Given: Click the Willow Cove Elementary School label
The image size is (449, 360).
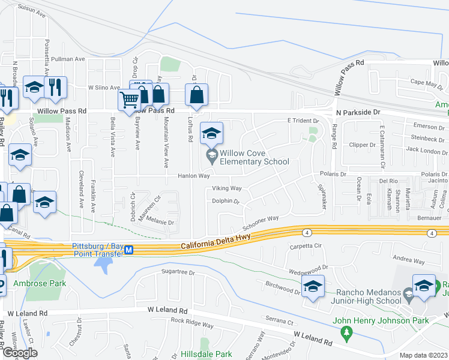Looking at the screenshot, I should coord(255,158).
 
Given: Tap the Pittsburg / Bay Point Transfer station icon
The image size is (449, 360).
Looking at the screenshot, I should coord(128,253).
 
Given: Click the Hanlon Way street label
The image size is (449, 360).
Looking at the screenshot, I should coord(193,176).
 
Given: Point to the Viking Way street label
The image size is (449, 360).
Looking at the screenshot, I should coord(226,188).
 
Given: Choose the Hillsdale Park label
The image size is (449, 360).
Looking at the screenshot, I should coord(206,355).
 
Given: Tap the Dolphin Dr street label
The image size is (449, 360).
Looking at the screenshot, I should coord(225,201).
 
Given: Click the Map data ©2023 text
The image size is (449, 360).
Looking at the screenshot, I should coord(423,355).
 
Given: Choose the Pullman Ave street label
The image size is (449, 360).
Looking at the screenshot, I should coord(68,59).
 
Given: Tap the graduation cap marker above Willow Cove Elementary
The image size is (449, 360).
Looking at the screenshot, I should coord(211,133).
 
